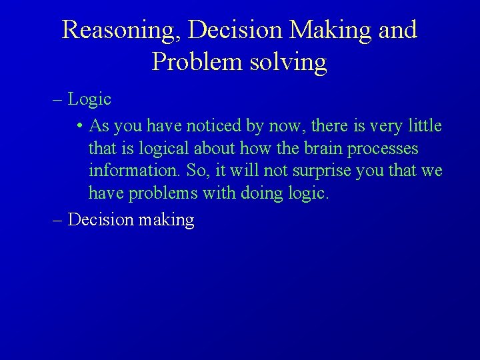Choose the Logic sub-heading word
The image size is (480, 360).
[x=89, y=100]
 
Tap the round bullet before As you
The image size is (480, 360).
[x=79, y=126]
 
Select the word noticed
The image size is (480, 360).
[x=214, y=125]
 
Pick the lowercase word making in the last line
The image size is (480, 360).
[x=166, y=220]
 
